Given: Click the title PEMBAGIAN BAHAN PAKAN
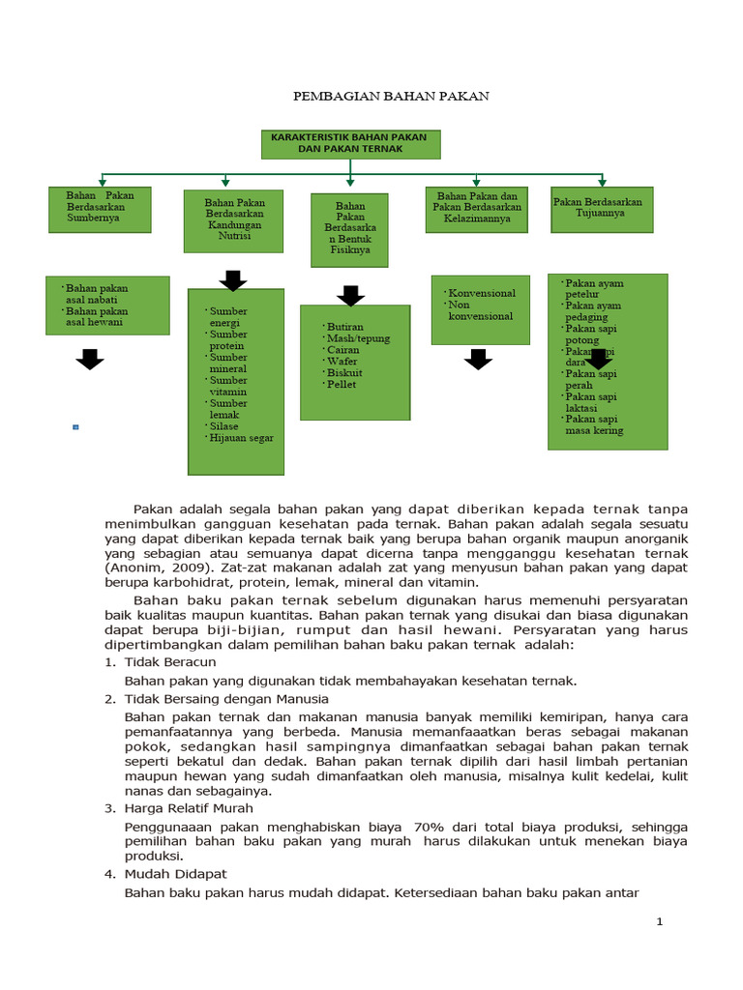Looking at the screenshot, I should (x=392, y=97).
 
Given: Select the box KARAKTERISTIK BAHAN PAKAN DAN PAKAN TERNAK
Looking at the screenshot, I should (x=350, y=144).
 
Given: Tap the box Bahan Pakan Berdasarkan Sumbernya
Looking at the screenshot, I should (x=100, y=209).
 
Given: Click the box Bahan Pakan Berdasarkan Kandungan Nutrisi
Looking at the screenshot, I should (x=233, y=219).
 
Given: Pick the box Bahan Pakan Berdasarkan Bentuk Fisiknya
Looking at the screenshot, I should (x=349, y=230).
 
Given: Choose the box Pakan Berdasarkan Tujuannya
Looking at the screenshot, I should (x=602, y=209).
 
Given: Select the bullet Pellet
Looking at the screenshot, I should (x=342, y=384).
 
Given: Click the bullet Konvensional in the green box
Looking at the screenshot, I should (x=482, y=293).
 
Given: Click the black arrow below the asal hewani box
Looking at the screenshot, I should (x=90, y=360).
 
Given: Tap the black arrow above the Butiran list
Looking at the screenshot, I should (x=349, y=295).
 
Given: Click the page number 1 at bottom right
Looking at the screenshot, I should (x=660, y=922).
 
